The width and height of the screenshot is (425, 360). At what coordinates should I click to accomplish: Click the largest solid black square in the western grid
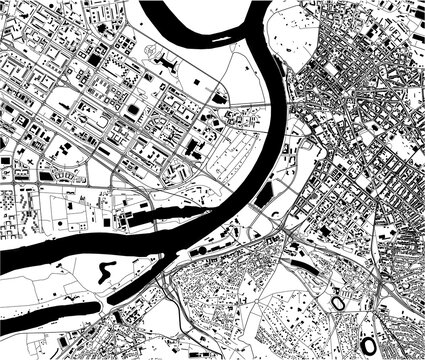[x=95, y=60]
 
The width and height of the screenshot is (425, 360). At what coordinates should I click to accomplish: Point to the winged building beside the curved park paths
[x=166, y=64]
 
